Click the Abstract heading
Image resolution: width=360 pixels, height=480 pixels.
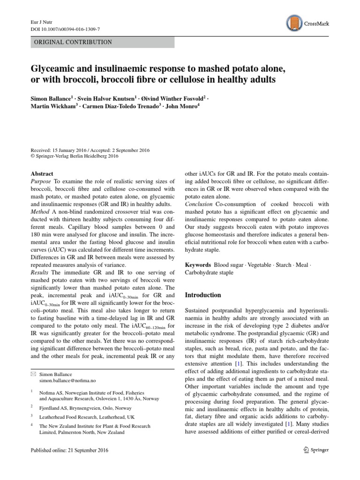(x=42, y=173)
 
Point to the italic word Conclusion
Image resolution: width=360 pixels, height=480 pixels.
(x=201, y=204)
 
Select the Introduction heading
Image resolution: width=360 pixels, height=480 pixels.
(x=203, y=295)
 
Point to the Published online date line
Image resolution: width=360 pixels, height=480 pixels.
(x=69, y=450)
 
